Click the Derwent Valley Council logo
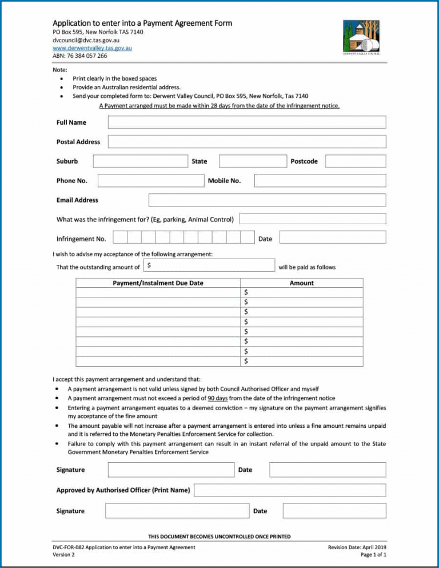(361, 37)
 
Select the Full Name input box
(246, 122)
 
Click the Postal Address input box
(246, 142)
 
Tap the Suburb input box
(140, 161)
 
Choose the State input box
(252, 161)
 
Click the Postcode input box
(356, 161)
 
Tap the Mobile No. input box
(320, 181)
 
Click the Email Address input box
(267, 200)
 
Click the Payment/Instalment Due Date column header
(158, 283)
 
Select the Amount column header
(302, 283)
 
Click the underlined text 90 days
(218, 398)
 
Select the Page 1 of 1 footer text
(371, 555)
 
